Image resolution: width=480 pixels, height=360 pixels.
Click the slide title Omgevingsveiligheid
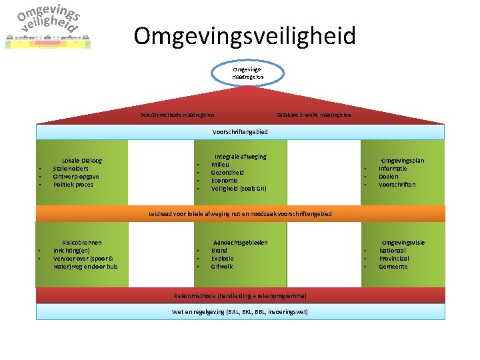pyautogui.click(x=244, y=35)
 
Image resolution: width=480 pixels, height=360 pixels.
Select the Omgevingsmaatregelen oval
pyautogui.click(x=248, y=73)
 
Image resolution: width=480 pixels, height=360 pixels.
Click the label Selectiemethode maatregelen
pyautogui.click(x=177, y=115)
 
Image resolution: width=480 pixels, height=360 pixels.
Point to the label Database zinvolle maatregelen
pyautogui.click(x=313, y=115)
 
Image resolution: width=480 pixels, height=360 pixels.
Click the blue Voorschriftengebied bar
pyautogui.click(x=240, y=132)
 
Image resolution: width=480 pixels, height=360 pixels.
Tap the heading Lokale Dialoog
pyautogui.click(x=81, y=161)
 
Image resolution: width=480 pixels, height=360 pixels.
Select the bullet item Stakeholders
pyautogui.click(x=71, y=169)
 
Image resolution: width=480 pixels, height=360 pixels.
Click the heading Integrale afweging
pyautogui.click(x=240, y=157)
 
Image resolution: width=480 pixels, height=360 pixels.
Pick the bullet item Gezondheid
pyautogui.click(x=227, y=173)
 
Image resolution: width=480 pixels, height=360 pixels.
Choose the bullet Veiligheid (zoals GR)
pyautogui.click(x=239, y=189)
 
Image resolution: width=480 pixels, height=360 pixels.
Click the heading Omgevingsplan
pyautogui.click(x=402, y=161)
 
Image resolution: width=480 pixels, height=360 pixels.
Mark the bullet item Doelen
pyautogui.click(x=389, y=177)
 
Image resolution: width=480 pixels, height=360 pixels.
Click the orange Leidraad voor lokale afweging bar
pyautogui.click(x=240, y=214)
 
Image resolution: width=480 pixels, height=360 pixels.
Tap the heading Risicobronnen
pyautogui.click(x=81, y=243)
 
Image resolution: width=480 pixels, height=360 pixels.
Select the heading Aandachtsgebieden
pyautogui.click(x=240, y=243)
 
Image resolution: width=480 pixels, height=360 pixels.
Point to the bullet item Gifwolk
pyautogui.click(x=222, y=267)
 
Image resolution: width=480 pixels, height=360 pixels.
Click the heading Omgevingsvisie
pyautogui.click(x=403, y=243)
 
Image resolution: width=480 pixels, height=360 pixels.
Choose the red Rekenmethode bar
pyautogui.click(x=240, y=295)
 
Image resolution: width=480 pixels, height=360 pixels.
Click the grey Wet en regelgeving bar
pyautogui.click(x=240, y=312)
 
